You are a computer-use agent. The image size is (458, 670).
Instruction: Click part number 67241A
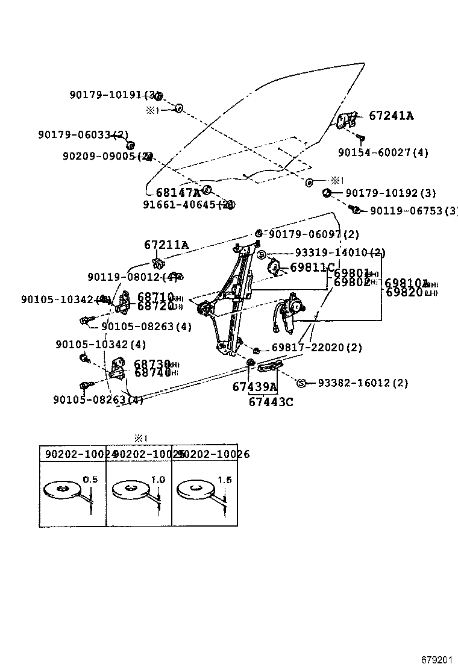[391, 116]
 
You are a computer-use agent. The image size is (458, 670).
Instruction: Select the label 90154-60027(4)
[383, 153]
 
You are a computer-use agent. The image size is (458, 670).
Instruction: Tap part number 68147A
[178, 193]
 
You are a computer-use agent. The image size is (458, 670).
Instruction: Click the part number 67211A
[166, 245]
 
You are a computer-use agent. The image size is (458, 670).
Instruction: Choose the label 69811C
[312, 267]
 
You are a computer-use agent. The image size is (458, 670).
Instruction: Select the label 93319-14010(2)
[340, 253]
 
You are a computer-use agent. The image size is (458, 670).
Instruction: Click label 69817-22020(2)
[316, 348]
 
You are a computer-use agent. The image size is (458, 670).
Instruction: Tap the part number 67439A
[254, 387]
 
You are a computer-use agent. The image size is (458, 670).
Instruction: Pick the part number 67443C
[271, 402]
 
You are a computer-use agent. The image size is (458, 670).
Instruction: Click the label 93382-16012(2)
[362, 383]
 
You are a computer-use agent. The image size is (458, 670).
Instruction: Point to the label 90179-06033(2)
[83, 134]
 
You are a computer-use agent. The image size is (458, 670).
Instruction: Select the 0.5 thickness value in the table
[90, 479]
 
